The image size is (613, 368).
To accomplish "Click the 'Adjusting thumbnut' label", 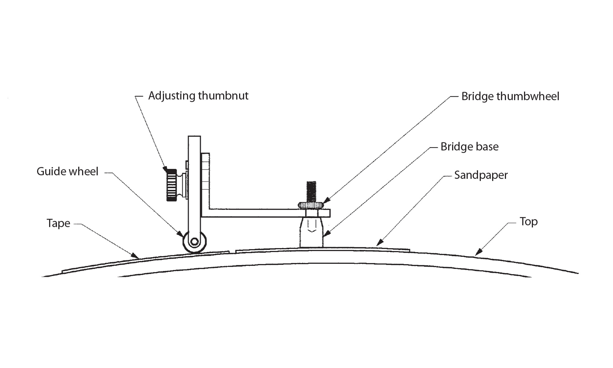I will coord(198,96).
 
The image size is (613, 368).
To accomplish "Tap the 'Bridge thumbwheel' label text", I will coord(510,97).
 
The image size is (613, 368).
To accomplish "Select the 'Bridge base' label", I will coord(469,147).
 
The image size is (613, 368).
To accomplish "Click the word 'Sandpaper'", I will coord(481,175).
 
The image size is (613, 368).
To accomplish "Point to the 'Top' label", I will coord(528,222).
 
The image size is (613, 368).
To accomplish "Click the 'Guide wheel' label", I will coord(67,171).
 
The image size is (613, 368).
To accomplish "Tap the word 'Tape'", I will coord(58,223).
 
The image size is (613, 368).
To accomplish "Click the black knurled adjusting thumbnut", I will coord(172,185).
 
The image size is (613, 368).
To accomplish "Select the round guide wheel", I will coord(194,242).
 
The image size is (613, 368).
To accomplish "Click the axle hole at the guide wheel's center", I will coord(194,242).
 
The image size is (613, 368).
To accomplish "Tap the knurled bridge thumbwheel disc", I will coord(311,205).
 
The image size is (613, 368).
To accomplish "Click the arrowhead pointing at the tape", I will coord(135,255).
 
